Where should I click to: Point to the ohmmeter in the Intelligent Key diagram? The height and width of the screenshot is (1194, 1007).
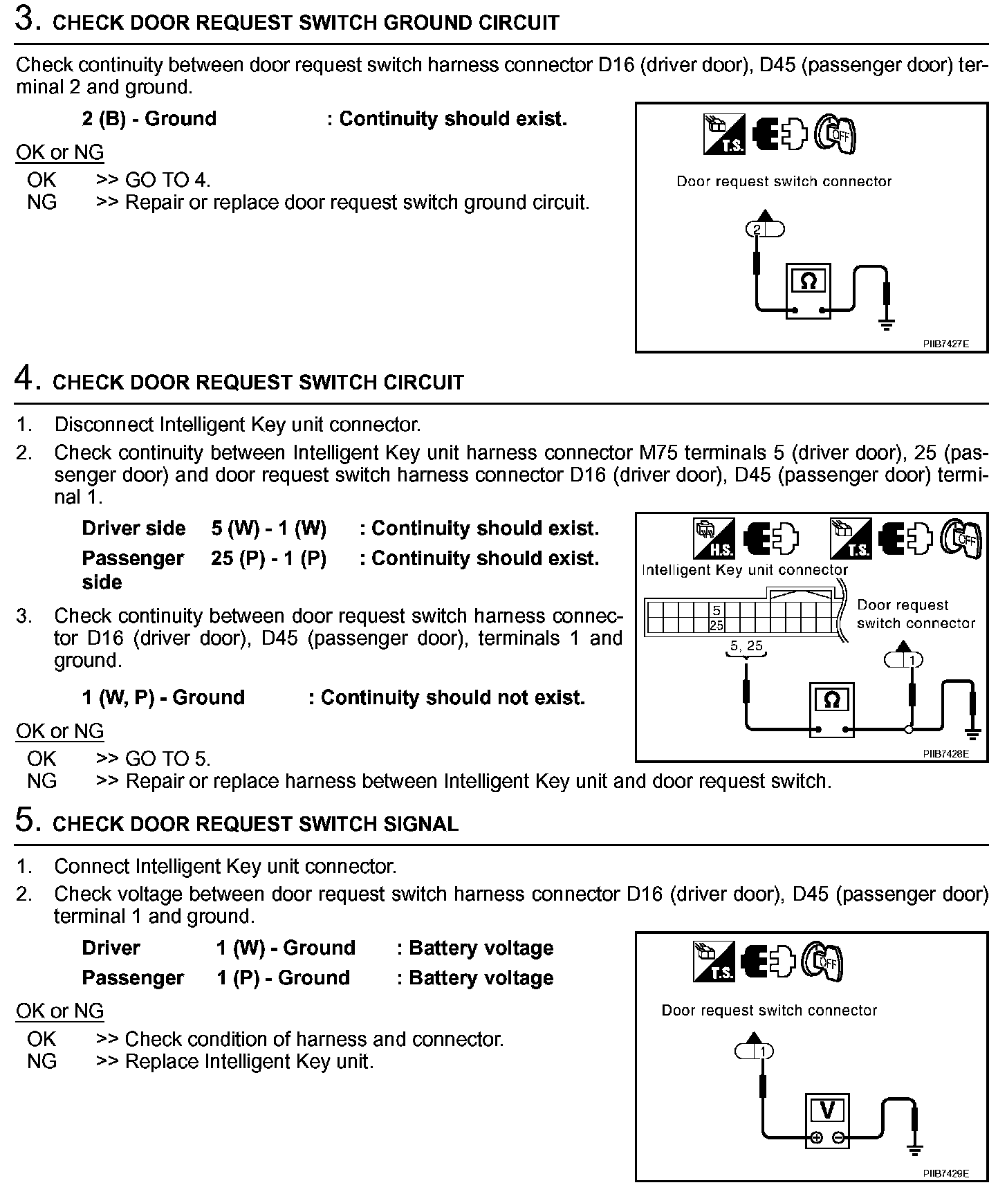(832, 710)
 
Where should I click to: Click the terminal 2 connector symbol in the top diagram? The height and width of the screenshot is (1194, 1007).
(765, 228)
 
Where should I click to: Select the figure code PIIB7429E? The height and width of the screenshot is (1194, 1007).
(945, 1173)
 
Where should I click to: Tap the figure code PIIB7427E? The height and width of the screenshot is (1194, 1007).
(945, 344)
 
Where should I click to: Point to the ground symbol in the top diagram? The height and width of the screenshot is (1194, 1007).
(885, 322)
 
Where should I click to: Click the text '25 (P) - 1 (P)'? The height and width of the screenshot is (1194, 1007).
(268, 558)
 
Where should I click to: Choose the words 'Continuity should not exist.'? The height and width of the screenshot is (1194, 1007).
(452, 697)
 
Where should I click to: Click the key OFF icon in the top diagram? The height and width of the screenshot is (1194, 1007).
(835, 134)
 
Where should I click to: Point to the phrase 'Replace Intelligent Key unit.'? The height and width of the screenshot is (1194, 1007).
(249, 1061)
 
